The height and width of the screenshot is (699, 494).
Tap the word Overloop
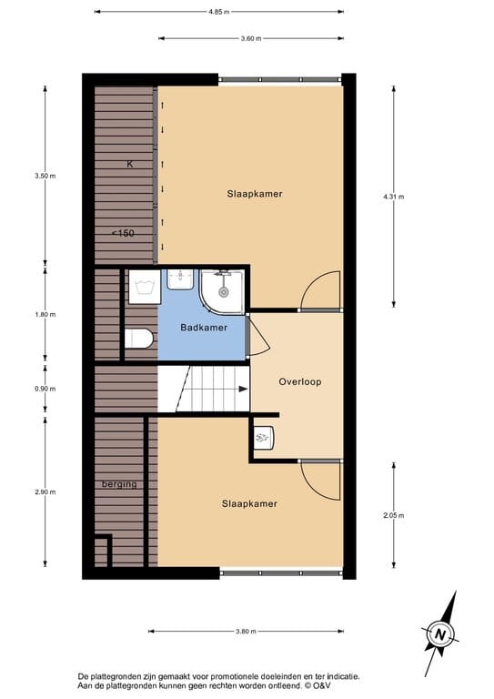click(300, 381)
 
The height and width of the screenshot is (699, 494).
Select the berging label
click(119, 484)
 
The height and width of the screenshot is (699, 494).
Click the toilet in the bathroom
click(139, 339)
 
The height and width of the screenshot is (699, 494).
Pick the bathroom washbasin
click(181, 278)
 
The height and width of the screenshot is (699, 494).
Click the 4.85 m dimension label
click(218, 12)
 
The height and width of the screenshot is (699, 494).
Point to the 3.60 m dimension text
click(251, 38)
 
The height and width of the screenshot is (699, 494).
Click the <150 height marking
click(123, 233)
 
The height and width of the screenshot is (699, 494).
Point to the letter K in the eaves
click(130, 164)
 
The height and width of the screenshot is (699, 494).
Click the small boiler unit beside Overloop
click(263, 437)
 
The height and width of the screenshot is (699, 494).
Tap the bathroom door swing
click(257, 335)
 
